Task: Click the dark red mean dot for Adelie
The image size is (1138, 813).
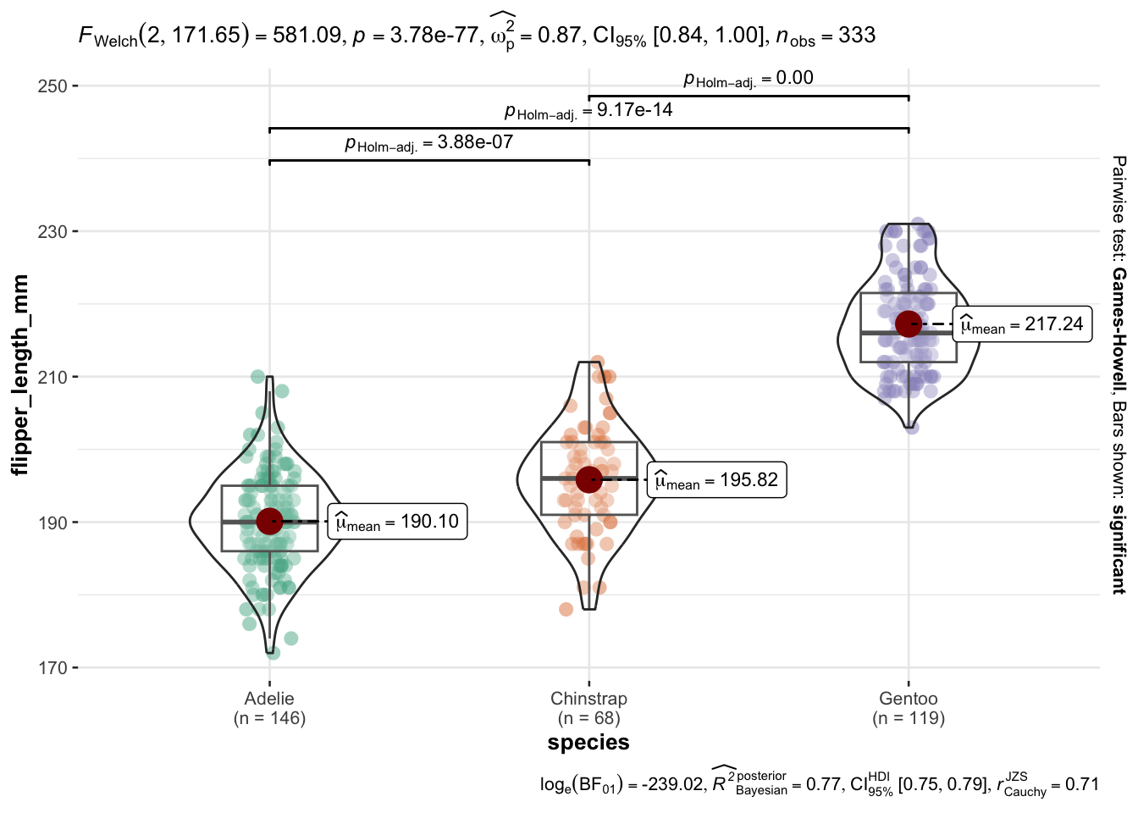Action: click(269, 522)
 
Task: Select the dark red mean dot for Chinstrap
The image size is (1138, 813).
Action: click(588, 479)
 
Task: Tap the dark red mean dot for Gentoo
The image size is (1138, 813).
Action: click(909, 324)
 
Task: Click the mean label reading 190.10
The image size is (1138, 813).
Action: click(397, 522)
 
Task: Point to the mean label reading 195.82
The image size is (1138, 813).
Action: click(716, 480)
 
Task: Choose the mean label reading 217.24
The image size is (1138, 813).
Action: click(1022, 324)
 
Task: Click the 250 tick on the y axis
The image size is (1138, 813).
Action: click(52, 86)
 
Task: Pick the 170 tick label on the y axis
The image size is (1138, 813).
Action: click(52, 668)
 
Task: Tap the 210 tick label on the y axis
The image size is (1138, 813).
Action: click(52, 377)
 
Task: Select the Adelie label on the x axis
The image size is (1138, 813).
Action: click(269, 699)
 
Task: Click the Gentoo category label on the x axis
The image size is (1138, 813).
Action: click(909, 699)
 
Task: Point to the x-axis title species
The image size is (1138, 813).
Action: click(588, 743)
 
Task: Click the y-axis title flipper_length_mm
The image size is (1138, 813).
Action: click(20, 374)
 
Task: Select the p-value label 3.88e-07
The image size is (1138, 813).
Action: click(475, 142)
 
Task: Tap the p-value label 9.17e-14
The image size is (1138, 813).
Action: click(634, 110)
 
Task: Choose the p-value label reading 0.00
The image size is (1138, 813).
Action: click(794, 78)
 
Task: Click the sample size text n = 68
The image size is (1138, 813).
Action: click(588, 718)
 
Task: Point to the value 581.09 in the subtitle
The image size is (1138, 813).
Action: click(307, 36)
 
